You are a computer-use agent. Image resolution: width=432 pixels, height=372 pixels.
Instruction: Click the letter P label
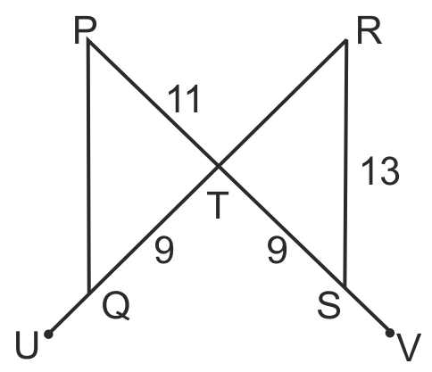[x=85, y=31]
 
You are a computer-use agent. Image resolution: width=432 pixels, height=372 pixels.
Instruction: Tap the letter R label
[x=370, y=32]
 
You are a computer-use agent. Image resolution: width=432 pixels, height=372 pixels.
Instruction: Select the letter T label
[x=218, y=205]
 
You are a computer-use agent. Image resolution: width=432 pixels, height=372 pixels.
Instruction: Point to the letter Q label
[x=116, y=308]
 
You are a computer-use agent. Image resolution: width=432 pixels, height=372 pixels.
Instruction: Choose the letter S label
[x=328, y=306]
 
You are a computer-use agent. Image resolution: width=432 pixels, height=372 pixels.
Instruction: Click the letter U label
[x=27, y=345]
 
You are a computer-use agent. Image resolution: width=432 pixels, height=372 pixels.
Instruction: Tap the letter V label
[x=410, y=347]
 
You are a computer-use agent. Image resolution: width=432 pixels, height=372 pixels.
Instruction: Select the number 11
[x=184, y=99]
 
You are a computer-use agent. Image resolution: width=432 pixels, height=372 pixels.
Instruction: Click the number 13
[x=380, y=171]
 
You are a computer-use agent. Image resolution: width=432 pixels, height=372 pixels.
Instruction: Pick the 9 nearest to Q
[x=164, y=250]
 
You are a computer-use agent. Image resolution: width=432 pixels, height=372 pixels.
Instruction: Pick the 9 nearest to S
[x=277, y=250]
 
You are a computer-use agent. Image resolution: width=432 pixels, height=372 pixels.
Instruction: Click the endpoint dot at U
[x=48, y=335]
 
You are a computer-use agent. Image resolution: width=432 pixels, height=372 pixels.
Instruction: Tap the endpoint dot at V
[x=390, y=333]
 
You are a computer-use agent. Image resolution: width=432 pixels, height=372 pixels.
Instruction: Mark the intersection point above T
[x=219, y=166]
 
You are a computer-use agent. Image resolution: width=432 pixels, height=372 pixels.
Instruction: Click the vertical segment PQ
[x=88, y=167]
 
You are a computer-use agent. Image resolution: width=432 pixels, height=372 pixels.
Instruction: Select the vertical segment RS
[x=345, y=163]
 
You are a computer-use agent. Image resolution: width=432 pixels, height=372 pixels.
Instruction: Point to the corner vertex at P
[x=88, y=42]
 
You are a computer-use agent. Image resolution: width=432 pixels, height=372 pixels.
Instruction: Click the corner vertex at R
[x=346, y=40]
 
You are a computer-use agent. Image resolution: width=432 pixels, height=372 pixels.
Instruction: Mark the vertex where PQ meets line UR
[x=88, y=293]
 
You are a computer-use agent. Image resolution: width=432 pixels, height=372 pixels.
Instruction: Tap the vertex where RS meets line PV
[x=345, y=287]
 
